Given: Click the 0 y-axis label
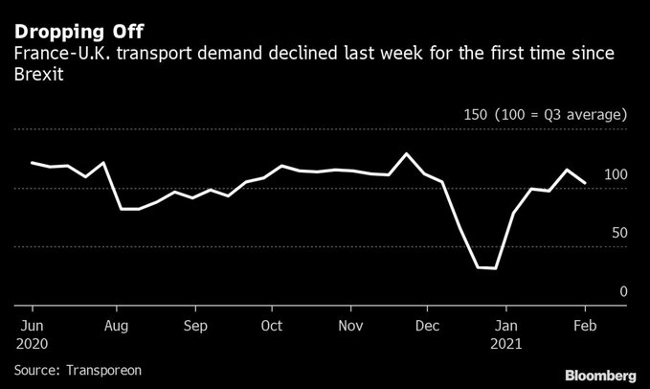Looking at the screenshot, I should [623, 291].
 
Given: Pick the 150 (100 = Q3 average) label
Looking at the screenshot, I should [545, 114].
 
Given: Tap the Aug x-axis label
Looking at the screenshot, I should [117, 325].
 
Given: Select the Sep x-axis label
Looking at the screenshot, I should [194, 325].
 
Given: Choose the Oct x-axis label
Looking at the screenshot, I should [271, 325].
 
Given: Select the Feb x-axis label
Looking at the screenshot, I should [586, 325].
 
